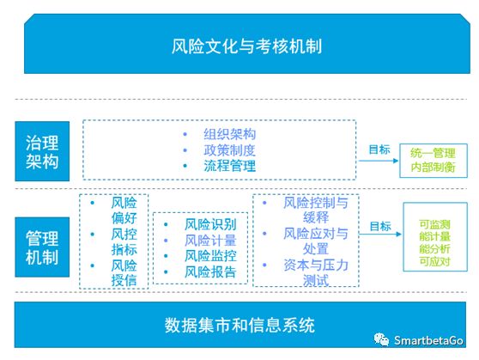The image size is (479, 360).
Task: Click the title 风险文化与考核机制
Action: [246, 46]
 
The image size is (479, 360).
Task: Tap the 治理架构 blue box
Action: [42, 151]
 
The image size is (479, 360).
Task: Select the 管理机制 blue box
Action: [42, 247]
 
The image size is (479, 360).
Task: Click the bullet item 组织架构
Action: [230, 134]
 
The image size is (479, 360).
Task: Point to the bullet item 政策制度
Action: [230, 150]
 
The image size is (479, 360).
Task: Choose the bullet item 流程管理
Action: [230, 166]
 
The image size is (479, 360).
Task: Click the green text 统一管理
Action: [433, 153]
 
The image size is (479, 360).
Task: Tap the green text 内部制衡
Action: [433, 167]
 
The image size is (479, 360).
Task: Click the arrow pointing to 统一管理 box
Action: [379, 161]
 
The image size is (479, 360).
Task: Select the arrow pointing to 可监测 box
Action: [380, 235]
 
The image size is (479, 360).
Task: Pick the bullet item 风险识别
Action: [210, 224]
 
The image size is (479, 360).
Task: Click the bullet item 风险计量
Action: [210, 240]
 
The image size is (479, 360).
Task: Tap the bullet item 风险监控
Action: [210, 256]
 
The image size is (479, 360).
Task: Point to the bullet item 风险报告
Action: [210, 272]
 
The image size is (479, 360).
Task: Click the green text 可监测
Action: [434, 224]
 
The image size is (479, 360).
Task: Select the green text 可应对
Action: [434, 261]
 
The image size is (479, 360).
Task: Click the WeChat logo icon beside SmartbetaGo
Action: [381, 339]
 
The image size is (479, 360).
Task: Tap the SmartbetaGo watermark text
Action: [428, 340]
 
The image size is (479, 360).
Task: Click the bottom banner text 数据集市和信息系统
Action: [240, 325]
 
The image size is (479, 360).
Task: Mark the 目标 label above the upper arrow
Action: [379, 149]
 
